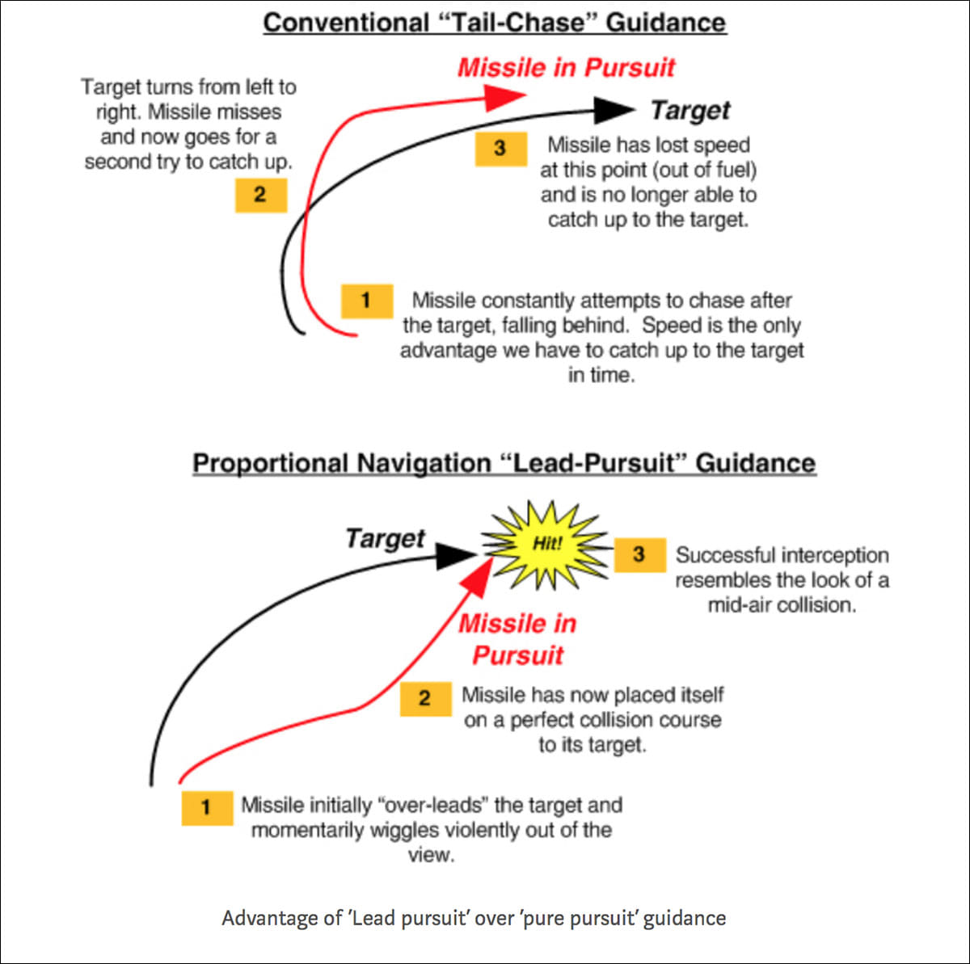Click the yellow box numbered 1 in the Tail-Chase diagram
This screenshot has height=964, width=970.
coord(367,301)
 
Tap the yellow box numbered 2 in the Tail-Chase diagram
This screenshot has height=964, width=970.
coord(260,195)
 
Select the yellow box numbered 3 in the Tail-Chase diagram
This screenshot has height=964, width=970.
coord(500,149)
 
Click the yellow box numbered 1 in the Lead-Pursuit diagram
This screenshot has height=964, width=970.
coord(207,807)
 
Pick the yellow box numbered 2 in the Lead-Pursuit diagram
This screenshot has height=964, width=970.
coord(425,698)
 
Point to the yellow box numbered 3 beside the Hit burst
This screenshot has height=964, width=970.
coord(639,554)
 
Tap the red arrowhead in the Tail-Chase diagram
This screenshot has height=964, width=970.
coord(504,98)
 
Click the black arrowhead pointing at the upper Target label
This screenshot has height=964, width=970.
coord(614,110)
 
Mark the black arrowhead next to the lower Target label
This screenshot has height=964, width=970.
coord(456,554)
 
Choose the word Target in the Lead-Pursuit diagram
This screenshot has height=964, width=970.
coord(385,538)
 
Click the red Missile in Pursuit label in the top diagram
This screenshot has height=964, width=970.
coord(566,67)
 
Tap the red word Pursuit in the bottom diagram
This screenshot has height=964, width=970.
coord(517,655)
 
